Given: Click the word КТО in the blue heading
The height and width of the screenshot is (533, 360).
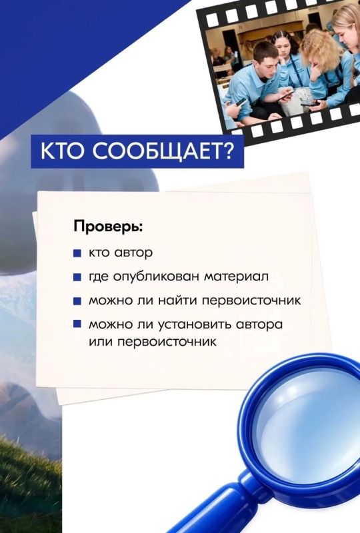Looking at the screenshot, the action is pyautogui.click(x=62, y=151).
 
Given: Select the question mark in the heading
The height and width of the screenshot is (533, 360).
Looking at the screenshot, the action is pyautogui.click(x=227, y=151).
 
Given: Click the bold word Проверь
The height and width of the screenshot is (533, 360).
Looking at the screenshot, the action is pyautogui.click(x=108, y=227).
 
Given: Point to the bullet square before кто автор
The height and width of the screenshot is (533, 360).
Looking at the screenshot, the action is pyautogui.click(x=77, y=254).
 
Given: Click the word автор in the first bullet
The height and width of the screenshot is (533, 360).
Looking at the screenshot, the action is pyautogui.click(x=134, y=253).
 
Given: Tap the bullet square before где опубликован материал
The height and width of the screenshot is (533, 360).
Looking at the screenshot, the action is pyautogui.click(x=77, y=277).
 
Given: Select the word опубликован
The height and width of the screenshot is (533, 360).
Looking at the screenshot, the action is pyautogui.click(x=156, y=276).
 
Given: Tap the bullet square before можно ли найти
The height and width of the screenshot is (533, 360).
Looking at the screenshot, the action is pyautogui.click(x=77, y=301).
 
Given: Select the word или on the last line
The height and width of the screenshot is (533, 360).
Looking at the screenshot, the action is pyautogui.click(x=101, y=342).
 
